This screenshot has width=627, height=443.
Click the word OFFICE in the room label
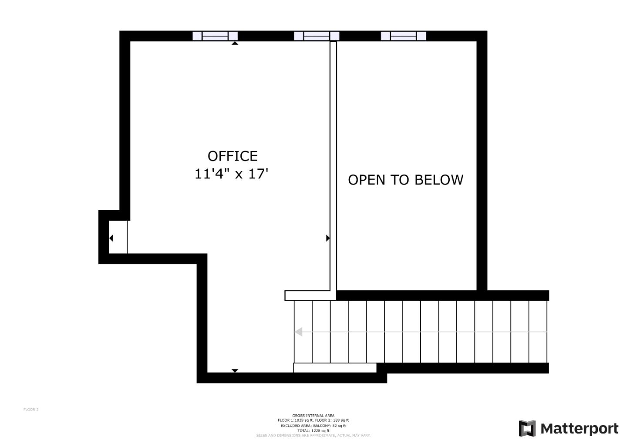233,156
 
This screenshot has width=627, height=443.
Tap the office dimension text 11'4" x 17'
231,174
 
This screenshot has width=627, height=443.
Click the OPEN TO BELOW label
405,180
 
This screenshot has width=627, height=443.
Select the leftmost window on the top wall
215,36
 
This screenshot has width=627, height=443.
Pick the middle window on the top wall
317,36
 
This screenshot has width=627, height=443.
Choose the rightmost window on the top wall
403,36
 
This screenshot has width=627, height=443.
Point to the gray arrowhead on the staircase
299,332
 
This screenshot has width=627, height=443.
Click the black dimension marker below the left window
235,43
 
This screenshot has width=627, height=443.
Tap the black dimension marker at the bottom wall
235,371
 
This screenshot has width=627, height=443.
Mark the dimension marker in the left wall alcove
111,238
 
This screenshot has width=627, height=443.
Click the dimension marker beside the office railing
328,238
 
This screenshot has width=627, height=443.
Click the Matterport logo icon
527,429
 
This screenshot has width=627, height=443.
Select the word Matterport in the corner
579,429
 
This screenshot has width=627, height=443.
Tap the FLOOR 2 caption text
31,409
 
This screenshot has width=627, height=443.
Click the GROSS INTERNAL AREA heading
313,416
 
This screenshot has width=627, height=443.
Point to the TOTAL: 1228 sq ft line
313,430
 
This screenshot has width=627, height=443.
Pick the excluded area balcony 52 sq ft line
313,426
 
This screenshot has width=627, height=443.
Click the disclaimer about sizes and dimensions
313,435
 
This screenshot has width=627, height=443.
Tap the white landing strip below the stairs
334,368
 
